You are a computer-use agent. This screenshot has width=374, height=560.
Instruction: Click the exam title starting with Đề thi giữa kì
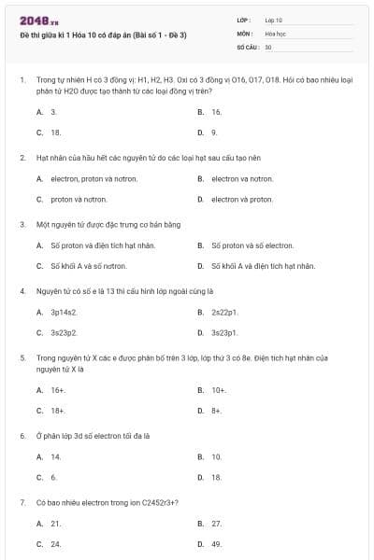pyautogui.click(x=103, y=35)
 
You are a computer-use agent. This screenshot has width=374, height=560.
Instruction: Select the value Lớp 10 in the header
pyautogui.click(x=274, y=20)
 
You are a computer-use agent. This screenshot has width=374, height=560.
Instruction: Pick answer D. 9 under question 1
pyautogui.click(x=214, y=133)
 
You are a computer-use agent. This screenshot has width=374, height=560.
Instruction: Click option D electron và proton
pyautogui.click(x=241, y=199)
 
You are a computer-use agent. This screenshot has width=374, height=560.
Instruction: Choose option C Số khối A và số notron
pyautogui.click(x=88, y=266)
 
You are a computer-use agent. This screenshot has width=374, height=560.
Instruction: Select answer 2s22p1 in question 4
pyautogui.click(x=224, y=312)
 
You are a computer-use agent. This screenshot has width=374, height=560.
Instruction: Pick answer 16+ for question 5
pyautogui.click(x=58, y=390)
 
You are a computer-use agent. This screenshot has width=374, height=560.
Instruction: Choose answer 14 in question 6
pyautogui.click(x=56, y=456)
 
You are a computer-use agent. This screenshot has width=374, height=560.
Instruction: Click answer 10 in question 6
pyautogui.click(x=216, y=456)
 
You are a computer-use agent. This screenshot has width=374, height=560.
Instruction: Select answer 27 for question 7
pyautogui.click(x=216, y=524)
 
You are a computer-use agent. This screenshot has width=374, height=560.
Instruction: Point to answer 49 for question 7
pyautogui.click(x=216, y=543)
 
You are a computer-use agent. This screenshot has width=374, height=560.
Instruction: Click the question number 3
pyautogui.click(x=22, y=224)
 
